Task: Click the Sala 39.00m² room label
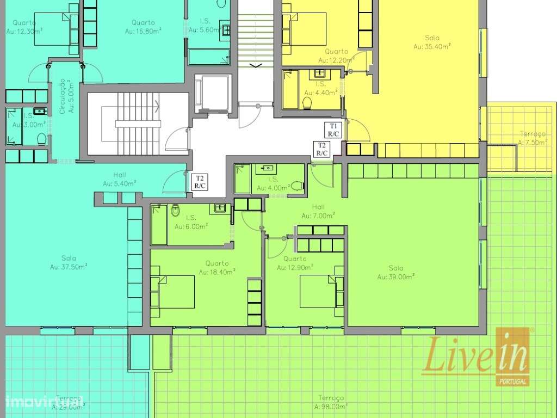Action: (396, 272)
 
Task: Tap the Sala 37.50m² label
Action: (69, 262)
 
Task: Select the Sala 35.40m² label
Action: (432, 42)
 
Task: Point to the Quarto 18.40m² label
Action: (217, 267)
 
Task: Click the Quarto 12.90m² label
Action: (295, 263)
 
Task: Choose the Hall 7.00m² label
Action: (318, 211)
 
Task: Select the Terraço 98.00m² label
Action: (330, 402)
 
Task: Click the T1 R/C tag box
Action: (333, 130)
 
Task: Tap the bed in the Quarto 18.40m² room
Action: (176, 291)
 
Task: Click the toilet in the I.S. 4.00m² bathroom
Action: (297, 186)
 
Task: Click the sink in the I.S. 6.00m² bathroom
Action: (220, 207)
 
